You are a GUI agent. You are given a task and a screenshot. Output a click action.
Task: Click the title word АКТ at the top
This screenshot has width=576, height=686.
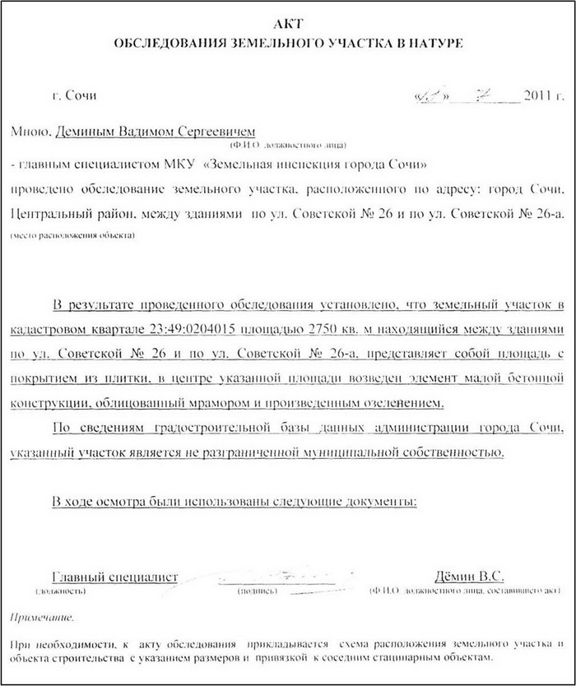(288, 24)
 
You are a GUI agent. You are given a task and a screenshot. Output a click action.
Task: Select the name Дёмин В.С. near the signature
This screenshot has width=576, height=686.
(469, 576)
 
